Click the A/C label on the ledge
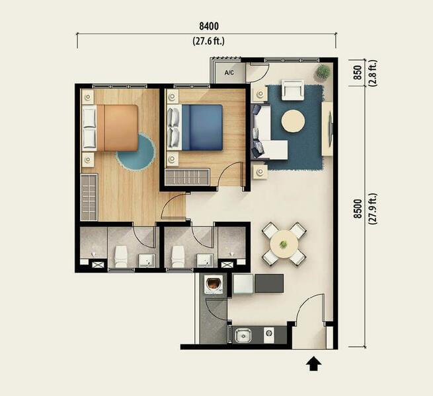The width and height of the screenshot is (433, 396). (x=229, y=73)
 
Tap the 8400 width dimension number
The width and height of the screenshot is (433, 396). (x=209, y=26)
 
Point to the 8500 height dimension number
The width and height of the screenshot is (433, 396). (x=358, y=209)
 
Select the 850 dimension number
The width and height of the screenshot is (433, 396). (x=358, y=73)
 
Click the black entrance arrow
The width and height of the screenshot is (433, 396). (x=314, y=364)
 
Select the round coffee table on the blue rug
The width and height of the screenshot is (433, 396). (x=294, y=121)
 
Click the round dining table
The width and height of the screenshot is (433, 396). (x=284, y=244)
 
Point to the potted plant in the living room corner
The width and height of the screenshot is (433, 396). (x=323, y=72)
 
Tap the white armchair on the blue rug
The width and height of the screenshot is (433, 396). (x=293, y=90)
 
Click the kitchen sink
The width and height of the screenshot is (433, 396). (x=243, y=335)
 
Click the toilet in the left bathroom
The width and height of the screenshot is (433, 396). (x=121, y=257)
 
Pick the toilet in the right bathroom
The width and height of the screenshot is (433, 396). (x=178, y=257)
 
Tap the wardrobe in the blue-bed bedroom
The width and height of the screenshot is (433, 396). (x=187, y=177)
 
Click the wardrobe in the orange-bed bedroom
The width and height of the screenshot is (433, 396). (x=89, y=197)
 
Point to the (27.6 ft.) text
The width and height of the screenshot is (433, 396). (x=208, y=41)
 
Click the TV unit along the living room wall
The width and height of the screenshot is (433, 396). (x=327, y=129)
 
